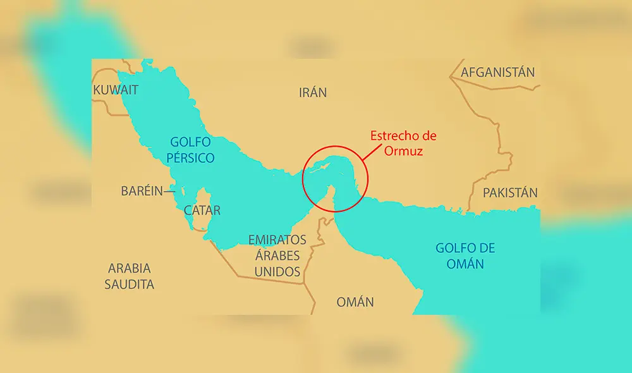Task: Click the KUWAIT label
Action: click(116, 90)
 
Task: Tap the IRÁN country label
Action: click(313, 92)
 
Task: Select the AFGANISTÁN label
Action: click(498, 72)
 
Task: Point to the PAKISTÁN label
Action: click(510, 193)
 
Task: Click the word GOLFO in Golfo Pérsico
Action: click(190, 142)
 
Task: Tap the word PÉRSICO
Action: click(190, 158)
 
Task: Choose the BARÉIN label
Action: click(142, 191)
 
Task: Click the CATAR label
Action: click(202, 210)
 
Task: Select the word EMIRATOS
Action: click(277, 240)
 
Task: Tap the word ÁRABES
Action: click(277, 255)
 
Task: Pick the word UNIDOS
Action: click(277, 272)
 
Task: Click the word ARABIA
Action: click(129, 267)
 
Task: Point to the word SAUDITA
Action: click(129, 284)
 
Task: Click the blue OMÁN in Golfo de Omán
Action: click(465, 264)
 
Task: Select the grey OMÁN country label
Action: click(355, 302)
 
